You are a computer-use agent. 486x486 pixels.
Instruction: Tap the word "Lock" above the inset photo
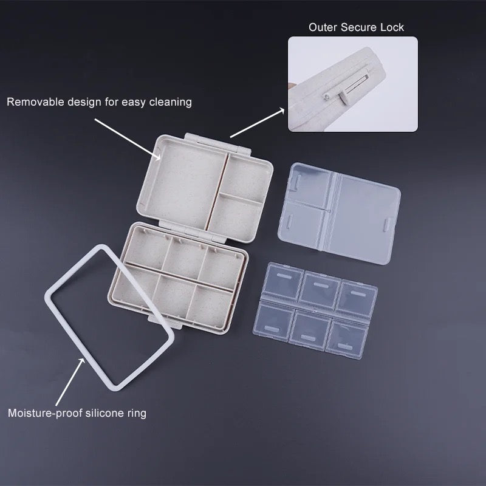point(392,27)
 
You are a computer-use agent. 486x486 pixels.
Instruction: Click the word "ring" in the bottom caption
point(137,414)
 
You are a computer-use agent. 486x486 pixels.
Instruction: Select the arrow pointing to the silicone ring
point(70,382)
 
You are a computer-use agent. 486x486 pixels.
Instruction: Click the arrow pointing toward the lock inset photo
point(257,123)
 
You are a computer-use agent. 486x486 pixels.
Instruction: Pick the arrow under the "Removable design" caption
point(128,139)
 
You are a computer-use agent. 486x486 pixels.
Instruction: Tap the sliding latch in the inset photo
point(343,98)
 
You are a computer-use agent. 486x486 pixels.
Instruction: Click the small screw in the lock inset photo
point(327,97)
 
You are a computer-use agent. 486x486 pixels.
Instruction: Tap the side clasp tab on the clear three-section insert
point(388,224)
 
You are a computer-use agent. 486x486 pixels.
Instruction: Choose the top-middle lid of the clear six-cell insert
point(320,290)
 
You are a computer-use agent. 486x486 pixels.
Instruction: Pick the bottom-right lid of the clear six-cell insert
point(346,340)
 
